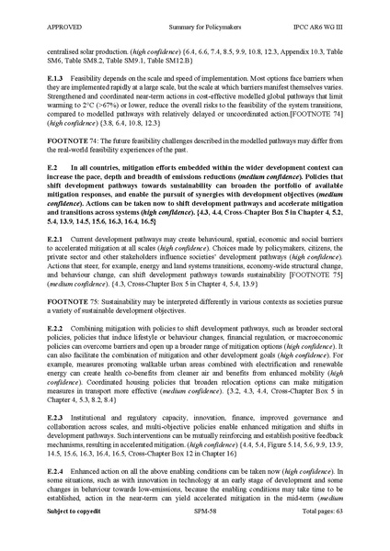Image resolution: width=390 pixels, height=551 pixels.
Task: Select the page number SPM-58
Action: tap(193, 534)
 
